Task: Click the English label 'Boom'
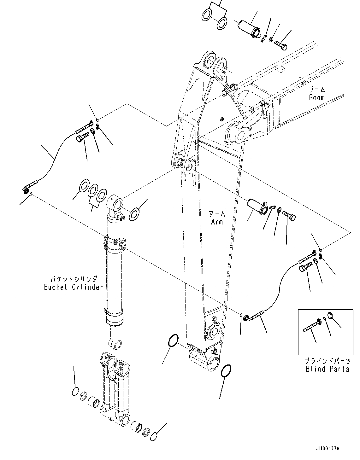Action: coord(317,97)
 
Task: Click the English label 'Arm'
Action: coord(217,222)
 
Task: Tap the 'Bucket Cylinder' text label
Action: coord(74,287)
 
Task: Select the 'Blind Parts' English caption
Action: coord(328,369)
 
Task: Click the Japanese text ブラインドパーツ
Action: coord(328,361)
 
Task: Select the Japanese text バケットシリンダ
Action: coord(74,279)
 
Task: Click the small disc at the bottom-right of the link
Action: coord(154,437)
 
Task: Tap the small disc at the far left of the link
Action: coord(75,392)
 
